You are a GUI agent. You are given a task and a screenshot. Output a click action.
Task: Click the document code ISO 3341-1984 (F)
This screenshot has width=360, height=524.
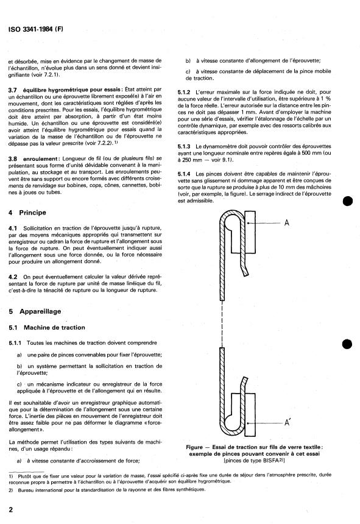36,29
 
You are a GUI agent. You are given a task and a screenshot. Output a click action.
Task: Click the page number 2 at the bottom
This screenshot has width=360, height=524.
11,509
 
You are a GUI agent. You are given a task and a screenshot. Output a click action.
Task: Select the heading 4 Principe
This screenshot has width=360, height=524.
27,213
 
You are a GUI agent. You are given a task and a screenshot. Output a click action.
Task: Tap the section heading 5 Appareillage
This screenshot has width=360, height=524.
35,311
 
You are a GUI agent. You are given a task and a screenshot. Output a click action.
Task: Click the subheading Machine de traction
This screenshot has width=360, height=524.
54,328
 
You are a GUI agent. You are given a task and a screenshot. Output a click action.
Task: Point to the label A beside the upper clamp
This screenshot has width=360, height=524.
286,223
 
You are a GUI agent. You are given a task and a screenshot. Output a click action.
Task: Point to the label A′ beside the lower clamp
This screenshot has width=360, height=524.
287,423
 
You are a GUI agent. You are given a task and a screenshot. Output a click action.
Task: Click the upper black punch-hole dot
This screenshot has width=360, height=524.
348,201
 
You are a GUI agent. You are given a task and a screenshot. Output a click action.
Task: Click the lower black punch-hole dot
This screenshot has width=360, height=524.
347,344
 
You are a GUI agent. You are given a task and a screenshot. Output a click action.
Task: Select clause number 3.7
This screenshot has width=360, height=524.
12,90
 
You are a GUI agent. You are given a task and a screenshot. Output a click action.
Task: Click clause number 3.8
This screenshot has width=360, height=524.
12,159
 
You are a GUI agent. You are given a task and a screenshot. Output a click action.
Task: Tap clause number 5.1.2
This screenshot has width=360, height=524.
184,92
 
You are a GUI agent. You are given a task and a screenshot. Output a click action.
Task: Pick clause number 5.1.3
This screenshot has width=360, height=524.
184,146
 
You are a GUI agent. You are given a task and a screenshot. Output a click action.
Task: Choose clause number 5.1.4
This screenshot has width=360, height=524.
184,174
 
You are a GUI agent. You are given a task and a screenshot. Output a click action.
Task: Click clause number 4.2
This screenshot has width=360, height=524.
13,277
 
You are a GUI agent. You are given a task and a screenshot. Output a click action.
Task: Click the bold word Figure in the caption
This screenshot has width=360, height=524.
194,447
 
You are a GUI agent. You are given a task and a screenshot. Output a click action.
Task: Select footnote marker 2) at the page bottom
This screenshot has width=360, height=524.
11,490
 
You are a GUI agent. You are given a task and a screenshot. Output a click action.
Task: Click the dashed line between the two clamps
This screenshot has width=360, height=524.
222,324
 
